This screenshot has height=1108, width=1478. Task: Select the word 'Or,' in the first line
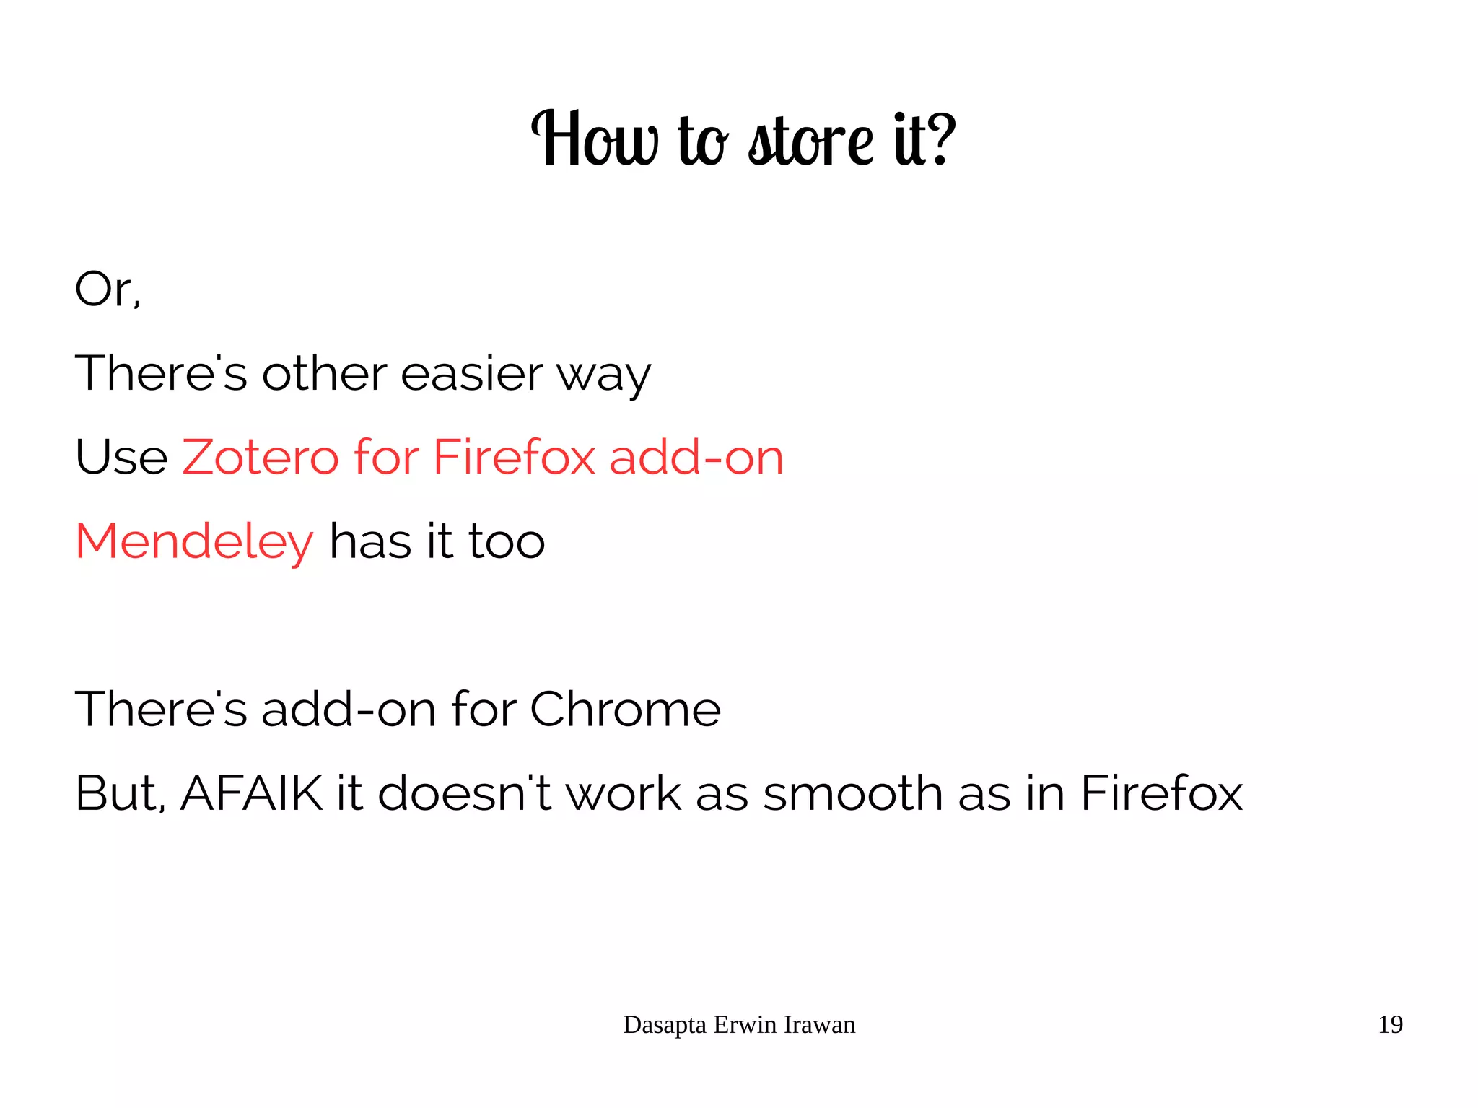tap(108, 289)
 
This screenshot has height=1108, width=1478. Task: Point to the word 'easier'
tap(471, 374)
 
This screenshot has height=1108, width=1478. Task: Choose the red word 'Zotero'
tap(260, 458)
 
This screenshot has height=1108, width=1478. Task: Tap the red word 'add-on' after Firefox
tap(696, 458)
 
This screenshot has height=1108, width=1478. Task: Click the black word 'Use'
tap(121, 458)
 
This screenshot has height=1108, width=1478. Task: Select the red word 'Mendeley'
tap(194, 543)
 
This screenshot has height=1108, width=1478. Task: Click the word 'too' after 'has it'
tap(507, 542)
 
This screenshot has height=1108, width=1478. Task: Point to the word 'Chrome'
tap(625, 709)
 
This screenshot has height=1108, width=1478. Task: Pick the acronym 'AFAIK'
tap(251, 793)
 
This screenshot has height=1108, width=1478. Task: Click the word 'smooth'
tap(852, 793)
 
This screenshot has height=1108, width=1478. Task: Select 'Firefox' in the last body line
tap(1160, 793)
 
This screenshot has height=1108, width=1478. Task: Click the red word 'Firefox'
tap(514, 458)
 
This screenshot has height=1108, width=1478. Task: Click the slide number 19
tap(1390, 1025)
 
